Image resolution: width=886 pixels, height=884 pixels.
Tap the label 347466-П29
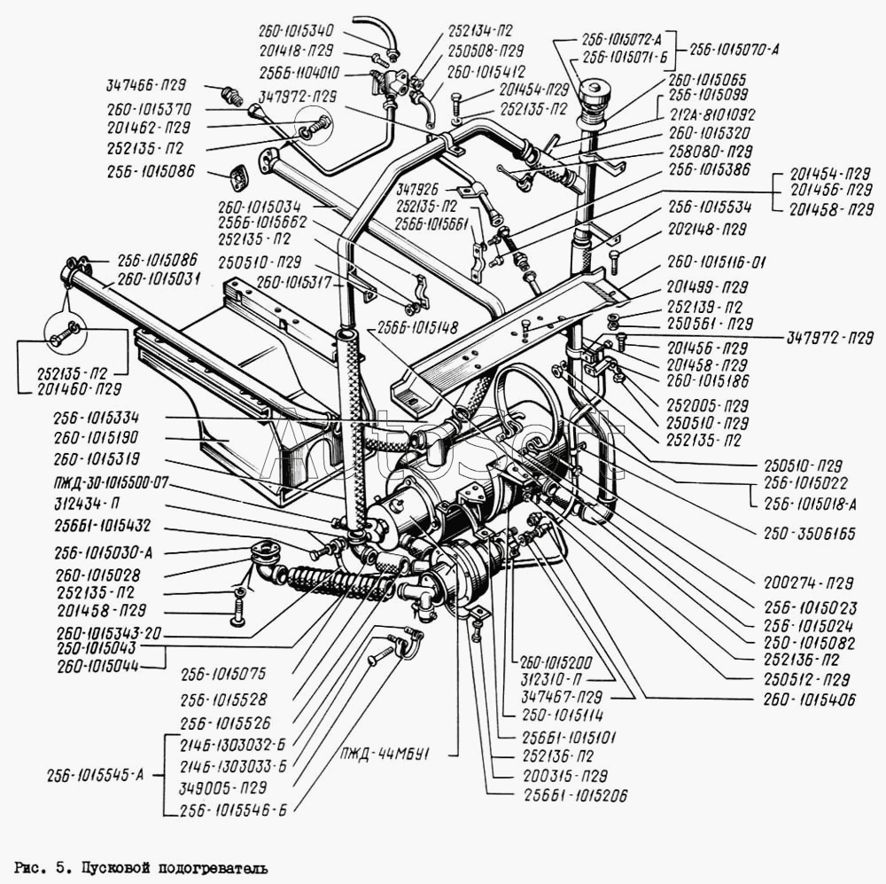[146, 86]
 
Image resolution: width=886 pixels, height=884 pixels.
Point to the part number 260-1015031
[159, 278]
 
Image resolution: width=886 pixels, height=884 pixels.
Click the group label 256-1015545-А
[97, 774]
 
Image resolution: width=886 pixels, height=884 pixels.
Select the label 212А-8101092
[711, 113]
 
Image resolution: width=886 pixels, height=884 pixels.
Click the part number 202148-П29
[707, 229]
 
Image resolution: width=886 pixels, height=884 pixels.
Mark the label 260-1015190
[97, 438]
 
